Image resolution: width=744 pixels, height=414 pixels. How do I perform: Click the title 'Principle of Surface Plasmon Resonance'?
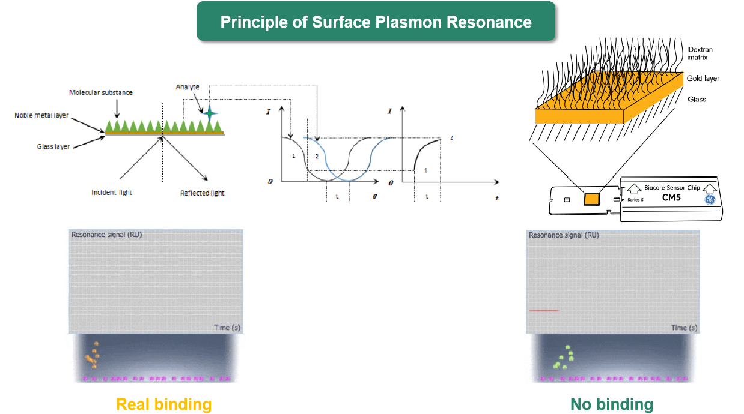point(376,22)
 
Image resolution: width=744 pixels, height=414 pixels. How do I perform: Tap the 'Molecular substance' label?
point(100,92)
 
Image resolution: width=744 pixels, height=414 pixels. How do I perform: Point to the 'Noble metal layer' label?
point(41,115)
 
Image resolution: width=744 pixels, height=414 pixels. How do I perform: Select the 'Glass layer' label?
point(53,146)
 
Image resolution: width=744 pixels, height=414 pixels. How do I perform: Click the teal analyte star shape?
point(209,112)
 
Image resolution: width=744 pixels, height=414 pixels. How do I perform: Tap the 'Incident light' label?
point(112,193)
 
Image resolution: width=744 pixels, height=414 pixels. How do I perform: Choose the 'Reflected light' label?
point(203,193)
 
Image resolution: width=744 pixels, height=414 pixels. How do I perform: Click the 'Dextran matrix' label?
point(698,53)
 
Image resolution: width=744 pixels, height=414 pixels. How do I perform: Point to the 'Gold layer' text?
point(703,79)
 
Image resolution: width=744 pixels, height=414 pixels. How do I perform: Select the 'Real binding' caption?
point(163,404)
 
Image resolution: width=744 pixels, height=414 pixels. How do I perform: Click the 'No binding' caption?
point(612,404)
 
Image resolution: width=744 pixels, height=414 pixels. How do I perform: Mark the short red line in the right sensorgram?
point(544,311)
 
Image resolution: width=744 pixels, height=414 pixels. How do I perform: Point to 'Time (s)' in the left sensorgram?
point(227,327)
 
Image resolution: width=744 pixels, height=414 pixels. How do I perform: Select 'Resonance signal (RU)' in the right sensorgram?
point(564,235)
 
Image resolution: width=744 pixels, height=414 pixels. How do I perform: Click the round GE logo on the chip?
point(711,200)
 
